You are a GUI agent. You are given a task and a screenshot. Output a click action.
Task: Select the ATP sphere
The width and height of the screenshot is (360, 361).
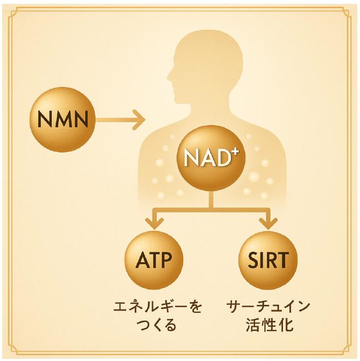pyautogui.click(x=153, y=259)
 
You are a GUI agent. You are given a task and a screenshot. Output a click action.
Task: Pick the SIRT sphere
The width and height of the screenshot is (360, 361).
pyautogui.click(x=268, y=259)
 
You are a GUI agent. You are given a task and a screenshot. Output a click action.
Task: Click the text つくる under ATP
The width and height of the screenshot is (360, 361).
pyautogui.click(x=155, y=326)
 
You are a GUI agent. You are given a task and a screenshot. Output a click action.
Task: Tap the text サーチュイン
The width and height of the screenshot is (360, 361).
pyautogui.click(x=268, y=306)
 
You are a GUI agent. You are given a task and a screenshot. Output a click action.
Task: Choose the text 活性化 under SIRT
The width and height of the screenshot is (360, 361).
pyautogui.click(x=269, y=326)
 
